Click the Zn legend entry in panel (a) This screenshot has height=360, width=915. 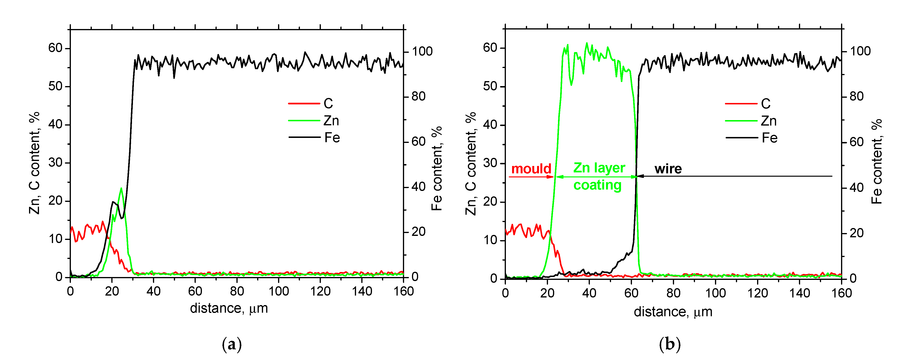[331, 121]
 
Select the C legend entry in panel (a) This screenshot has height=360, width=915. [328, 103]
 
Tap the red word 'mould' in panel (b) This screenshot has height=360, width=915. [531, 169]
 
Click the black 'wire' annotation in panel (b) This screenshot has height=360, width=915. [668, 169]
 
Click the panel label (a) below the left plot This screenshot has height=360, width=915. [232, 344]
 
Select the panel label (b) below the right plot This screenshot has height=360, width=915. [670, 344]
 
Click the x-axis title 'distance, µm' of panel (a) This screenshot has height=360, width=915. [229, 308]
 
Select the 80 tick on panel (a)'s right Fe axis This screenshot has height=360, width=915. [418, 96]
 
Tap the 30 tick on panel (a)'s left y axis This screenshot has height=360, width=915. [55, 163]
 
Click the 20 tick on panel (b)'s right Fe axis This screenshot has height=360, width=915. [856, 233]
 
